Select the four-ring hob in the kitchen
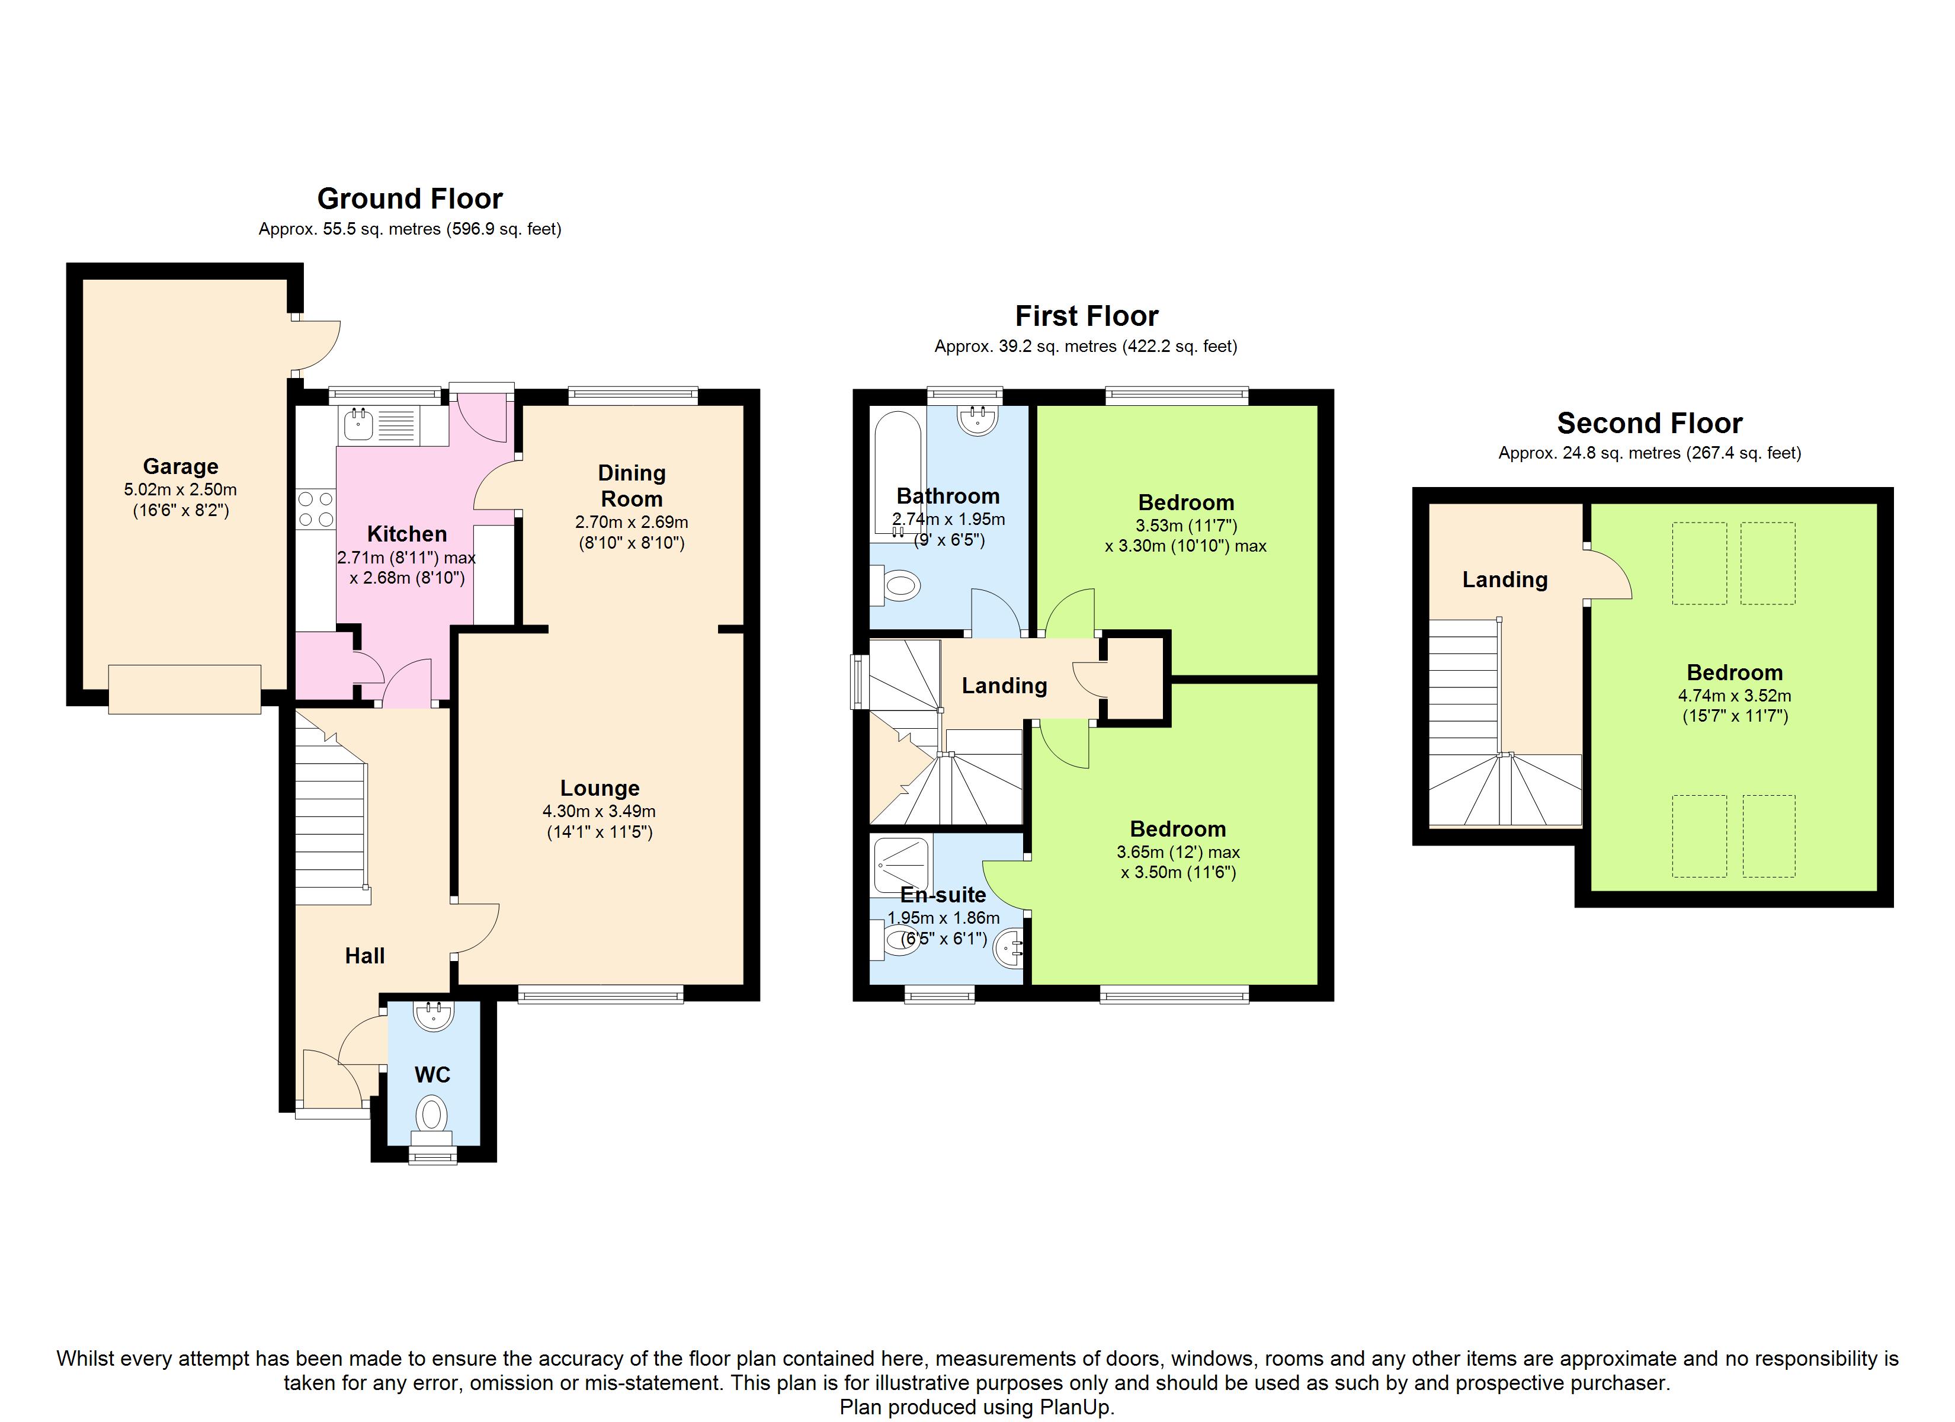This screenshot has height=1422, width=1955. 316,509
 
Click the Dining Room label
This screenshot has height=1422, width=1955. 632,485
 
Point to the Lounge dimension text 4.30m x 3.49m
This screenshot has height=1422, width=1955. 599,812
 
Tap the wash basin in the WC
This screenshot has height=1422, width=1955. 434,1015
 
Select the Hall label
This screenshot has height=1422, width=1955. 364,956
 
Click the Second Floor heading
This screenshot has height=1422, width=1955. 1650,424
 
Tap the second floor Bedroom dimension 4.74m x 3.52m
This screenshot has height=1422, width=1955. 1735,696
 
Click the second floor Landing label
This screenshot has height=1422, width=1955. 1505,579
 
